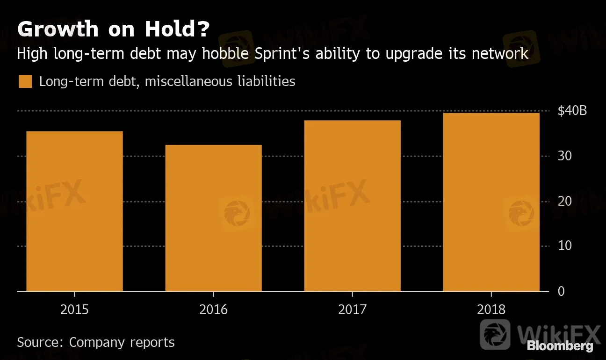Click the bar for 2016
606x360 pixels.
[x=213, y=218]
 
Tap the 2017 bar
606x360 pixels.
[x=352, y=206]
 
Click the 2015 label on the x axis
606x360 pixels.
[x=74, y=310]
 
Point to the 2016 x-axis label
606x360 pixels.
[x=213, y=310]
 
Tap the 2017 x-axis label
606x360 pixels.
[x=352, y=310]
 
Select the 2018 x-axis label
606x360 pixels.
[x=491, y=310]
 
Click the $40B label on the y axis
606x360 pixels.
[x=572, y=111]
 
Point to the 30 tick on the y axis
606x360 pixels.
[x=564, y=156]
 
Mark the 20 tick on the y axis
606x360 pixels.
[x=564, y=201]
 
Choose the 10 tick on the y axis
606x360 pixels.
[x=564, y=246]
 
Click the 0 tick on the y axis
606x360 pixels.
[x=561, y=291]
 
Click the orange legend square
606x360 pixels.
[x=25, y=82]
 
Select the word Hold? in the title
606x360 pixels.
[x=177, y=29]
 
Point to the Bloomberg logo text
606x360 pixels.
[x=560, y=346]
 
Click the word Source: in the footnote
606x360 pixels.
[x=40, y=342]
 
